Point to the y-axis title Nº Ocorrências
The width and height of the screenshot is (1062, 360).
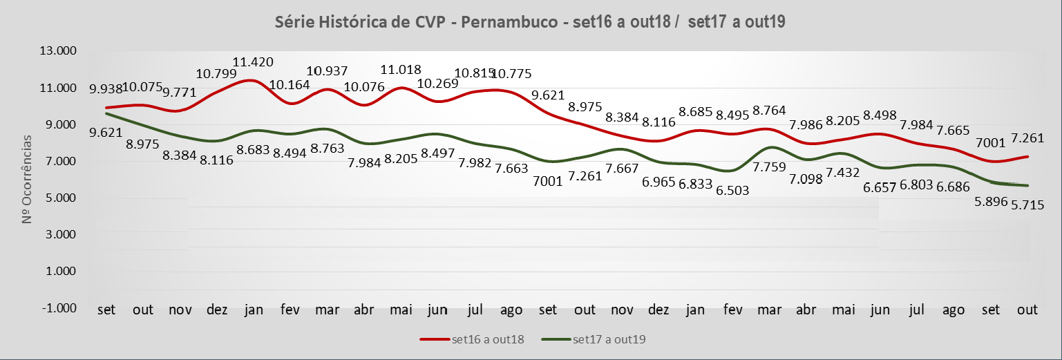click(27, 180)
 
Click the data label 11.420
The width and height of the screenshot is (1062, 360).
click(254, 63)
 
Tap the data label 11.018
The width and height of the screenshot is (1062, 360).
click(402, 69)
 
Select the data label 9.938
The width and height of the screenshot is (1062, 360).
click(106, 88)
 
